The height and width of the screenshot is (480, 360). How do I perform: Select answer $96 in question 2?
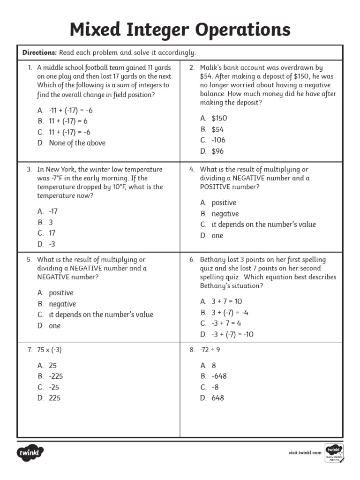[x=217, y=151]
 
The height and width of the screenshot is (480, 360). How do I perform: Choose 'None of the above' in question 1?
[x=77, y=143]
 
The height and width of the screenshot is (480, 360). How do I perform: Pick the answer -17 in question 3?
[x=53, y=211]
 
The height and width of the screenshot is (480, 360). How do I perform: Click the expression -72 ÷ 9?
[x=210, y=349]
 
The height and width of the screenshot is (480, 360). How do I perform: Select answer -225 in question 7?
[x=56, y=376]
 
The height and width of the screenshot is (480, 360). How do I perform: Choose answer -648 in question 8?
[x=219, y=376]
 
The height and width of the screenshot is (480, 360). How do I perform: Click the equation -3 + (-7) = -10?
[x=232, y=334]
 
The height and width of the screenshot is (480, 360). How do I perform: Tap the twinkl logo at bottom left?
[x=31, y=453]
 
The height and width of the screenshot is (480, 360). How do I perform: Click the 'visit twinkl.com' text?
[x=305, y=452]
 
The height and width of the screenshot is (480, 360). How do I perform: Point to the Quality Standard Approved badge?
[x=334, y=452]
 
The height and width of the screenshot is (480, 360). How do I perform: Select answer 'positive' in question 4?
[x=224, y=202]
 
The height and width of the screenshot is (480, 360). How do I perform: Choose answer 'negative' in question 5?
[x=62, y=304]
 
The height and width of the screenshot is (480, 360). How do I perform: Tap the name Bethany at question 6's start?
[x=213, y=259]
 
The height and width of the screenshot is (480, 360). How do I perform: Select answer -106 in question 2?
[x=218, y=140]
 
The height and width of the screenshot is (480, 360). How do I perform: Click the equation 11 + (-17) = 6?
[x=68, y=121]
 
